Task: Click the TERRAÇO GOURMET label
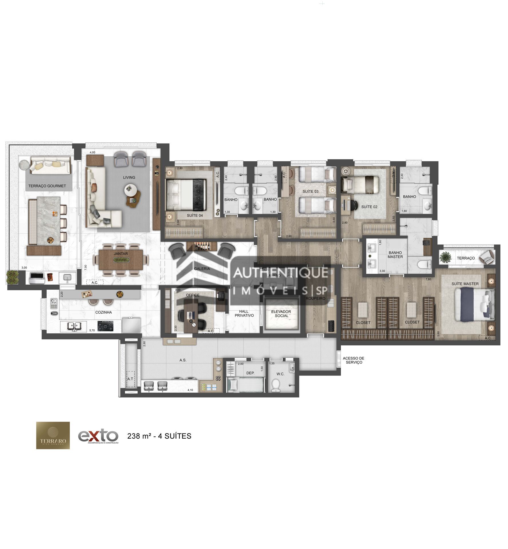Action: (x=47, y=186)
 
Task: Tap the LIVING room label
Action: (x=129, y=178)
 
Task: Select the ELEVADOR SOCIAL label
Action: (x=281, y=314)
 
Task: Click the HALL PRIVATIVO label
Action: (x=244, y=313)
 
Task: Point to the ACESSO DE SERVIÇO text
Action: (x=353, y=360)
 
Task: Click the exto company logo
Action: (x=98, y=436)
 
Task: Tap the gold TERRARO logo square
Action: (x=53, y=435)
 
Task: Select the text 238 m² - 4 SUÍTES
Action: (x=159, y=436)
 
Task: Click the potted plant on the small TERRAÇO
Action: (x=445, y=257)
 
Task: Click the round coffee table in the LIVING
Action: (x=130, y=190)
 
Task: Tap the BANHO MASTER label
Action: (x=395, y=254)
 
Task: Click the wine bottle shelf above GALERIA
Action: (x=203, y=246)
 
